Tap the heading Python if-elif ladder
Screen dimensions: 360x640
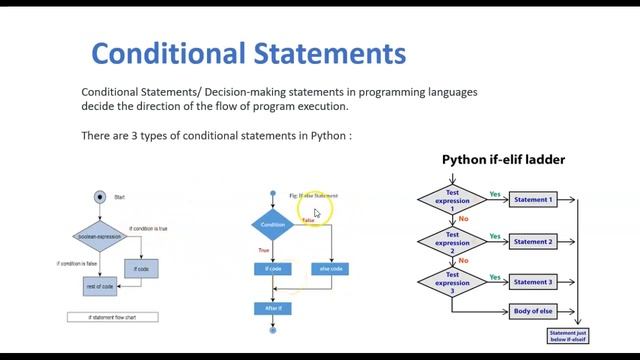(x=504, y=160)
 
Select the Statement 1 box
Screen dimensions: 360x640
(x=532, y=200)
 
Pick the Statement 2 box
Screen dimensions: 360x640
(x=532, y=242)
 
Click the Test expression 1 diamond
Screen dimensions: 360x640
(x=452, y=200)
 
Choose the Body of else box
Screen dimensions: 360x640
(x=532, y=311)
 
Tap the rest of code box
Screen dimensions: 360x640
(x=102, y=285)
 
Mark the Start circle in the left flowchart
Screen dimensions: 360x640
(x=99, y=197)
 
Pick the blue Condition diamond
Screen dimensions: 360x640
(x=272, y=225)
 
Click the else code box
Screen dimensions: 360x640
(x=331, y=268)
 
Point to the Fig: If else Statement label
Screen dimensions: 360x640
(x=313, y=196)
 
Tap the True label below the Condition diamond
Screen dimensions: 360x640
(x=264, y=250)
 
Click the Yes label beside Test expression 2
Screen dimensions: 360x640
(x=496, y=237)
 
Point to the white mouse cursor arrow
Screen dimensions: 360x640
(x=317, y=213)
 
